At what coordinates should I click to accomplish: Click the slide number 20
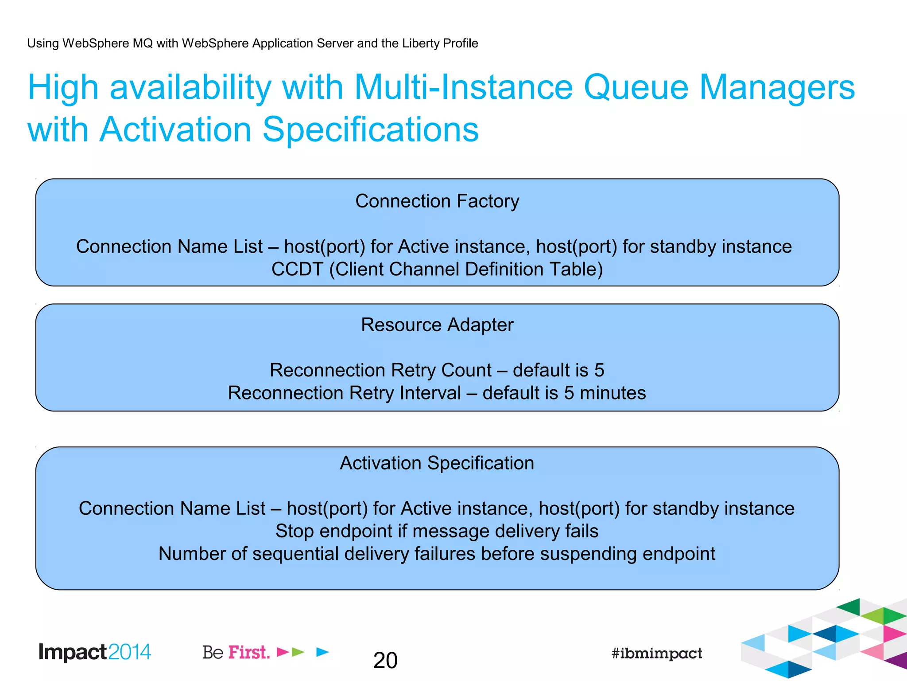point(385,660)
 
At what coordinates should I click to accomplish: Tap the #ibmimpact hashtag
point(656,653)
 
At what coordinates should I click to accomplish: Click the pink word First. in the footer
point(249,652)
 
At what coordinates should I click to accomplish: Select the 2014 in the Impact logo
point(129,652)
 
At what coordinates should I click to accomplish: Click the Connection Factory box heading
point(437,201)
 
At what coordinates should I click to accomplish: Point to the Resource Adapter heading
point(437,325)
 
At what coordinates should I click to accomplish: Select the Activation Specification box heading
point(437,463)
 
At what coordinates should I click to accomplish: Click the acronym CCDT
point(297,269)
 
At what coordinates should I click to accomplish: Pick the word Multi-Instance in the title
point(463,87)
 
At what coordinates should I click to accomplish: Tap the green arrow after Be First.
point(298,652)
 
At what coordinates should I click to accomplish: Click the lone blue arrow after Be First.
point(323,652)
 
